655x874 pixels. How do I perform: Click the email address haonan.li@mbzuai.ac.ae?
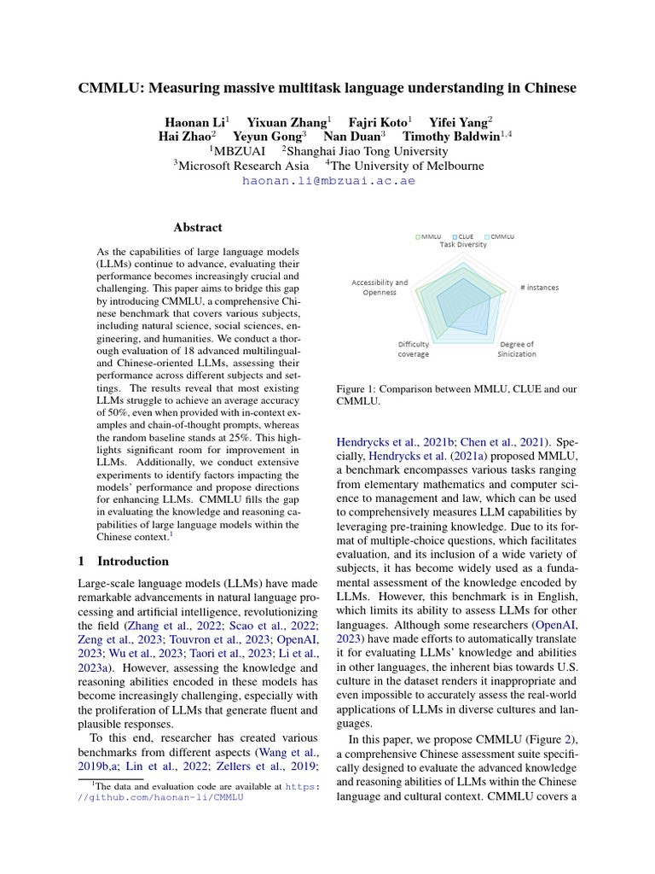pos(328,181)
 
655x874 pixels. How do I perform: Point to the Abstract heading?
pos(198,228)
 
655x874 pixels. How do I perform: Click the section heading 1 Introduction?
pos(124,561)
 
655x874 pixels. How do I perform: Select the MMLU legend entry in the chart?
pos(429,236)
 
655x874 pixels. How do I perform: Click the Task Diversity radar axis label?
pos(463,244)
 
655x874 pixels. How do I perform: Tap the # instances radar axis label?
pos(539,288)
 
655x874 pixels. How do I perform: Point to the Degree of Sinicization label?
pos(517,349)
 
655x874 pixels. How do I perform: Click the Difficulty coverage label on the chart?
pos(414,349)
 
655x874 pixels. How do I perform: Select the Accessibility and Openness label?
pos(380,287)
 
